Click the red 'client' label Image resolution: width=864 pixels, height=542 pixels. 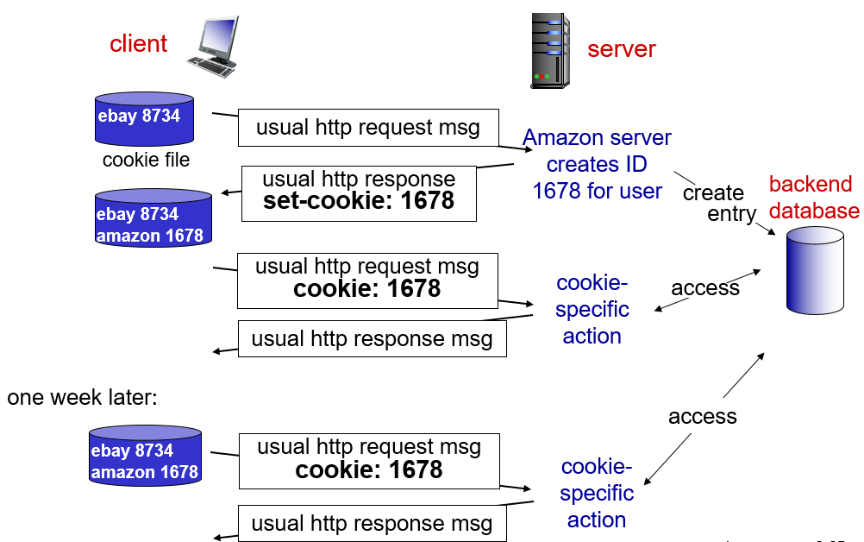click(x=138, y=43)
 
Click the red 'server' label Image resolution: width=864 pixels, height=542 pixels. click(x=621, y=48)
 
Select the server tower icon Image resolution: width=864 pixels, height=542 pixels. click(x=551, y=51)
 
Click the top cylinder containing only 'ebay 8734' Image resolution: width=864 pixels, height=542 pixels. click(x=144, y=118)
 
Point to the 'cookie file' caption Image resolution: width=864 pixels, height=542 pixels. click(x=146, y=160)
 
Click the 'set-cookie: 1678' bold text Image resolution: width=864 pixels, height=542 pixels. click(x=359, y=200)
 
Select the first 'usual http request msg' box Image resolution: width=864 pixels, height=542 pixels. click(x=368, y=128)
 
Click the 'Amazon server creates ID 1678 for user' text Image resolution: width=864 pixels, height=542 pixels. click(x=597, y=164)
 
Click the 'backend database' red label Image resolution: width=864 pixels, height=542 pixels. click(x=813, y=197)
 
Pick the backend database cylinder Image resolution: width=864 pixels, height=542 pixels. click(x=815, y=269)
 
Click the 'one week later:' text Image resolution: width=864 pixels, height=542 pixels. click(x=83, y=397)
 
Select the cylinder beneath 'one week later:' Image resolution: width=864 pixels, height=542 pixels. click(x=145, y=454)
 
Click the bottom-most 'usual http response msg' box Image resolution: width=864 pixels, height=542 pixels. click(x=372, y=523)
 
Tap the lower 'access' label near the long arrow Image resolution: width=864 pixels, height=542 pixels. click(x=702, y=416)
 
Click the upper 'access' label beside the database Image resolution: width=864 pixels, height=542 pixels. click(x=704, y=287)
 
